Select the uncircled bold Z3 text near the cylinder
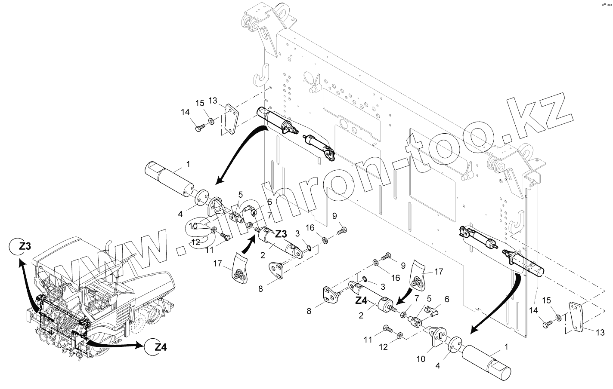click(280, 234)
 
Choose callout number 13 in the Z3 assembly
click(213, 101)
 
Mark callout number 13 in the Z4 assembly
click(600, 332)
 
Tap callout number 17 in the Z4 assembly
click(438, 271)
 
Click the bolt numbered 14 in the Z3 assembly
click(199, 128)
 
